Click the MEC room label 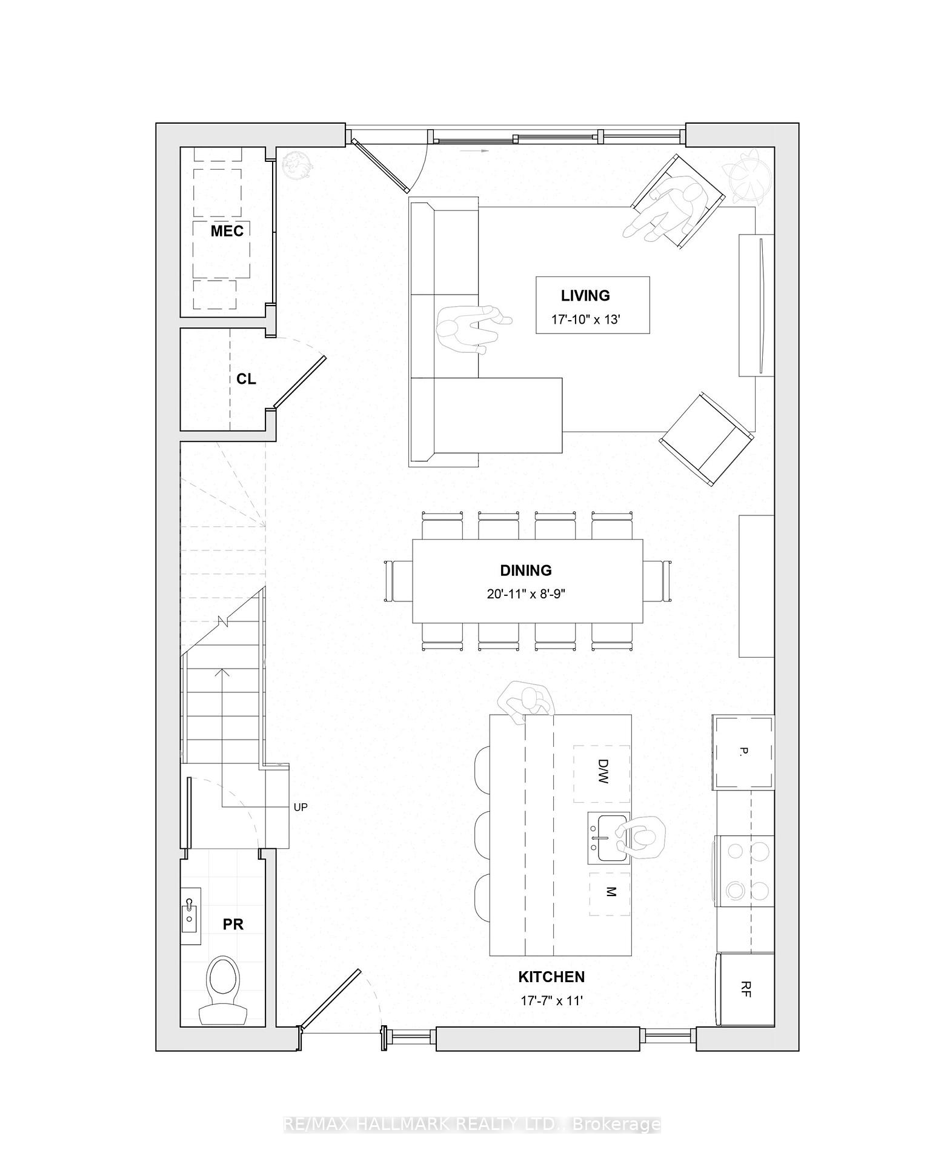click(227, 231)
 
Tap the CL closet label click(246, 379)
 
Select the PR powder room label click(233, 924)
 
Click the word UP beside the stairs click(301, 807)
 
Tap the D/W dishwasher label click(602, 772)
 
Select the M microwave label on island click(610, 892)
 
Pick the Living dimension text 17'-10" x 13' click(585, 319)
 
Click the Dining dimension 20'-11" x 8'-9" click(526, 594)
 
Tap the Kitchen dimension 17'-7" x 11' click(551, 1000)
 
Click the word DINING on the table click(526, 570)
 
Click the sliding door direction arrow click(473, 150)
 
